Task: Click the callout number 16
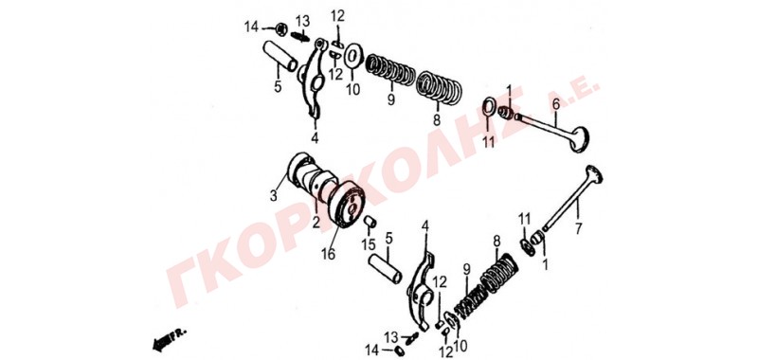pyautogui.click(x=328, y=253)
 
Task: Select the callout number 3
pyautogui.click(x=274, y=196)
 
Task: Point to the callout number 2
pyautogui.click(x=316, y=223)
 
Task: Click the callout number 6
pyautogui.click(x=556, y=103)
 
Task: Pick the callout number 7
pyautogui.click(x=579, y=228)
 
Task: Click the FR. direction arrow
pyautogui.click(x=167, y=340)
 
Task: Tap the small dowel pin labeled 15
pyautogui.click(x=370, y=222)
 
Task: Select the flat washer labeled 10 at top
pyautogui.click(x=353, y=56)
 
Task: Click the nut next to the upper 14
pyautogui.click(x=280, y=29)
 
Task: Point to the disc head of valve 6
pyautogui.click(x=580, y=139)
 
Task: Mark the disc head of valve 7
pyautogui.click(x=594, y=174)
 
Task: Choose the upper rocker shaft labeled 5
pyautogui.click(x=280, y=56)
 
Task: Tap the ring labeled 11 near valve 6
pyautogui.click(x=489, y=107)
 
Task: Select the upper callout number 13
pyautogui.click(x=302, y=21)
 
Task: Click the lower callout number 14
pyautogui.click(x=372, y=349)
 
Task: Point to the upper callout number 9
pyautogui.click(x=390, y=100)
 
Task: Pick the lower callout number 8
pyautogui.click(x=496, y=242)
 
